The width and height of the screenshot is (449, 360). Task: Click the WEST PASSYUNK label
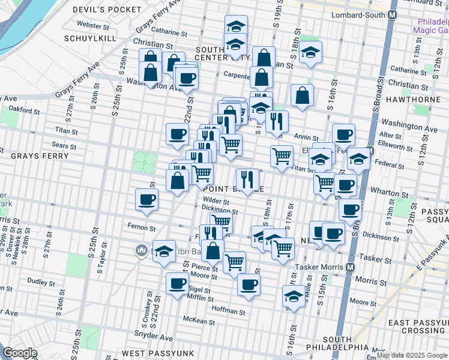point(150,353)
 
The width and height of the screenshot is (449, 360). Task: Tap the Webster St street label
point(92,26)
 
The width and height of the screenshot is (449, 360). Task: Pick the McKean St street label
point(200,322)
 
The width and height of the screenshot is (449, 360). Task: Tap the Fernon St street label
point(142,227)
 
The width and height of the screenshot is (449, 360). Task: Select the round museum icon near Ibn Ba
point(142,250)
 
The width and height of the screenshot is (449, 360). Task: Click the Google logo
point(19,353)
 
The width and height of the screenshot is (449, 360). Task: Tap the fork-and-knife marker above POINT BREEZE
point(247,178)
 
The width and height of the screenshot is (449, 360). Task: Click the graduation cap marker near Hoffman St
point(294,296)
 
